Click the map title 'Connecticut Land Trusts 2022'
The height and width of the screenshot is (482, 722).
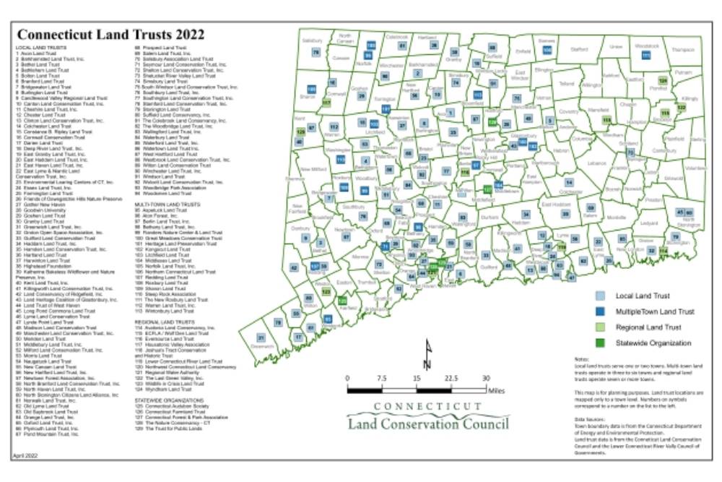coord(110,35)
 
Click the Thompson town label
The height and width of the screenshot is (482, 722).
coord(682,50)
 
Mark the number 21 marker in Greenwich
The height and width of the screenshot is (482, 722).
coord(261,337)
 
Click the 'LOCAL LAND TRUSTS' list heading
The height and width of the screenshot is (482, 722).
coord(37,47)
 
